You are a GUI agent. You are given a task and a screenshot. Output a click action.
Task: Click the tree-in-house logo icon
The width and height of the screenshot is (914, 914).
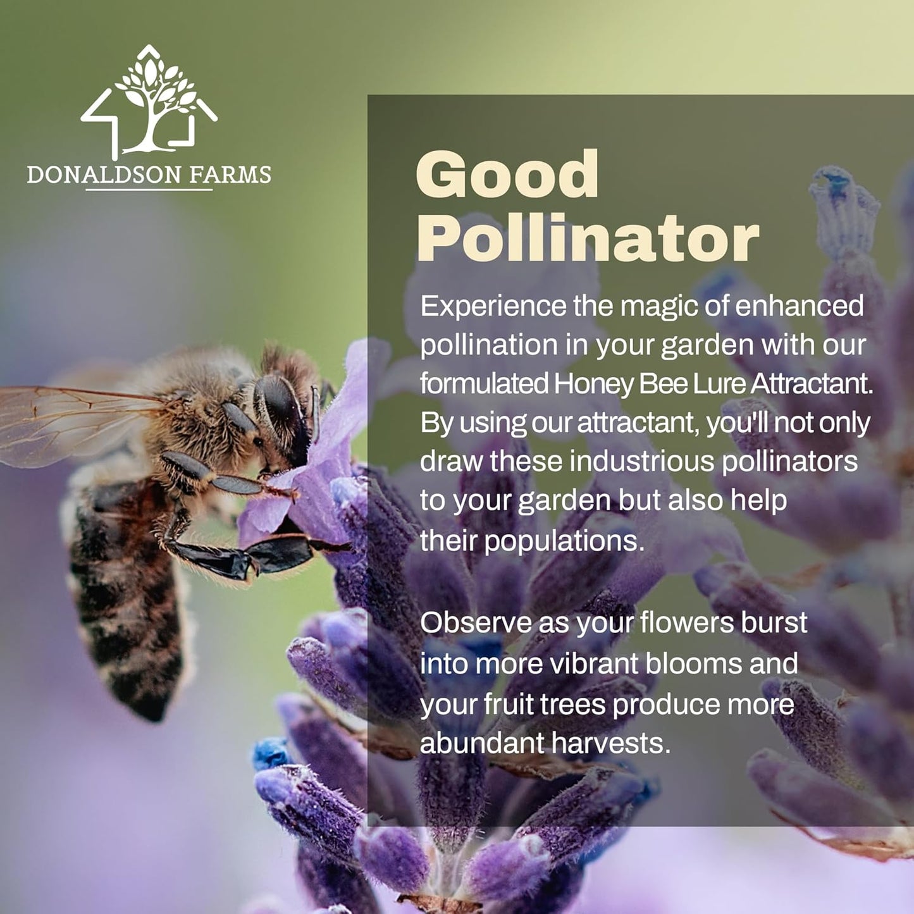(x=149, y=101)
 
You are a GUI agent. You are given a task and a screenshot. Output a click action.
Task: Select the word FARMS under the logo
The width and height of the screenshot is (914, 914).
(x=232, y=175)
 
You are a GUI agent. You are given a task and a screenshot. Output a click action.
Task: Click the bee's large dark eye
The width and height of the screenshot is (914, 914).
(x=278, y=405)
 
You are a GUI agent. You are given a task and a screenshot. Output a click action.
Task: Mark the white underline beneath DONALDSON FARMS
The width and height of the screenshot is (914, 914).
(x=149, y=189)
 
